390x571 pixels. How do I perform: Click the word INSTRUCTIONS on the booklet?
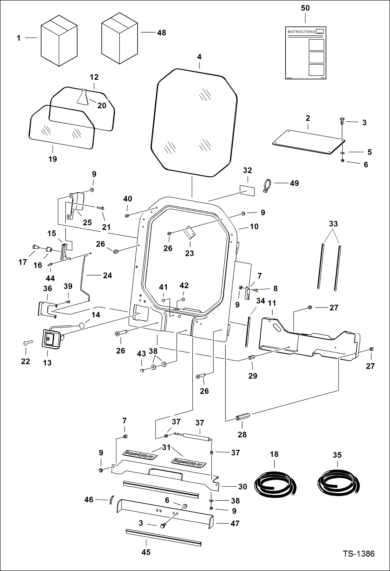click(x=301, y=32)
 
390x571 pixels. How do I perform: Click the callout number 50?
click(x=305, y=8)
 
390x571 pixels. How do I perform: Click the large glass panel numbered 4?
click(x=194, y=122)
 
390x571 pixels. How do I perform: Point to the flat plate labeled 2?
click(x=309, y=142)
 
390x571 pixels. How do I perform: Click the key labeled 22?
click(x=28, y=343)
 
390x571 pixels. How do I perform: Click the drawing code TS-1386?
click(x=358, y=554)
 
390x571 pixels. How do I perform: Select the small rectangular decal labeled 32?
click(x=247, y=191)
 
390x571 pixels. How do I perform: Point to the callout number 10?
click(x=254, y=227)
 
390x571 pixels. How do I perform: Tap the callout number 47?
click(x=235, y=523)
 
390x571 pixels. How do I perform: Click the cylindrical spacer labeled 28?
click(x=243, y=417)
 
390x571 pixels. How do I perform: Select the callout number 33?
click(x=333, y=224)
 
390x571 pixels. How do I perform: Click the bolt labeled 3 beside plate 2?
click(x=342, y=121)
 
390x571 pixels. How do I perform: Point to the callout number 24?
click(x=107, y=275)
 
